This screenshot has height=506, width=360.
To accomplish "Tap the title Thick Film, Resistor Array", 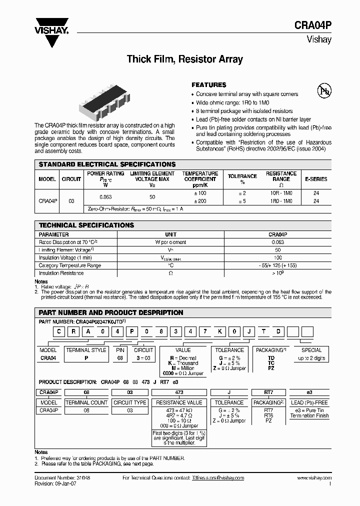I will point(184,59).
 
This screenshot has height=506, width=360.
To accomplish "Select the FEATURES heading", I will point(209,85).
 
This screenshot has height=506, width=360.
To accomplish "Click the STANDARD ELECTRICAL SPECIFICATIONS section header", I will point(107,164).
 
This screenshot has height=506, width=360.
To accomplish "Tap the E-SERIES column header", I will point(316,178).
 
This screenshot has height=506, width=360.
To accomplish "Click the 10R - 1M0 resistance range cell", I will point(281,193).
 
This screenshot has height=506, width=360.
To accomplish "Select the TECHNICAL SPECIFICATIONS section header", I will point(86,225).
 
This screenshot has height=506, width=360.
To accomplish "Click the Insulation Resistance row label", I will point(60,273).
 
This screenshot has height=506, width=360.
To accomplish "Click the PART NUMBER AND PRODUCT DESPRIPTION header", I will point(111,312).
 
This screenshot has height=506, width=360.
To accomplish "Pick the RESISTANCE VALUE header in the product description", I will point(179,402).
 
